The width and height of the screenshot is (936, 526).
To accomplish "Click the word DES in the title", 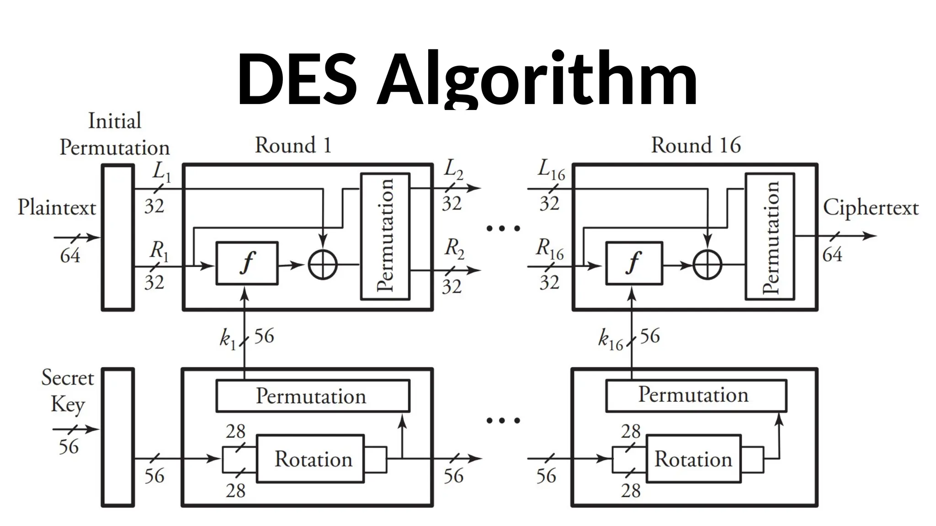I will (297, 79).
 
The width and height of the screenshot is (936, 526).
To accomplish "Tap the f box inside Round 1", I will (247, 263).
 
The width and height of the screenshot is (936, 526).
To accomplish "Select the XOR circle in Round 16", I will (707, 265).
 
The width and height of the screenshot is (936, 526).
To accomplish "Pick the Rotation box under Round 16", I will (693, 458).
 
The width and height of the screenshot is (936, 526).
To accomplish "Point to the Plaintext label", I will (57, 208).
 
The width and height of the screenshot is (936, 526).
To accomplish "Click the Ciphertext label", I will (871, 208).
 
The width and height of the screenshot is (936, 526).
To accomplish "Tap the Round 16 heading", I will (696, 145).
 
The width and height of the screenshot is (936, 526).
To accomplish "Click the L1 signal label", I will (161, 172).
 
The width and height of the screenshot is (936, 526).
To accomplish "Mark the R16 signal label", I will (550, 249).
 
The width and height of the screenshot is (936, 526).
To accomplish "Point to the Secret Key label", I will (68, 391).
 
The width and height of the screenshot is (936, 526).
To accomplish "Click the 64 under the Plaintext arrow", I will (70, 256).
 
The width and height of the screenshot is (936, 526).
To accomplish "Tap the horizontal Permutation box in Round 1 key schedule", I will (313, 396).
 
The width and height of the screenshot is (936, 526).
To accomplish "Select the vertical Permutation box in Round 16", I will (770, 237).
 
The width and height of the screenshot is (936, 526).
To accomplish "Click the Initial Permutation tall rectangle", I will (117, 237).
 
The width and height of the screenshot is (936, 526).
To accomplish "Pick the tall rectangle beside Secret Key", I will (117, 437).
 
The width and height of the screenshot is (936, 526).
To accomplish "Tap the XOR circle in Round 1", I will (323, 265).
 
